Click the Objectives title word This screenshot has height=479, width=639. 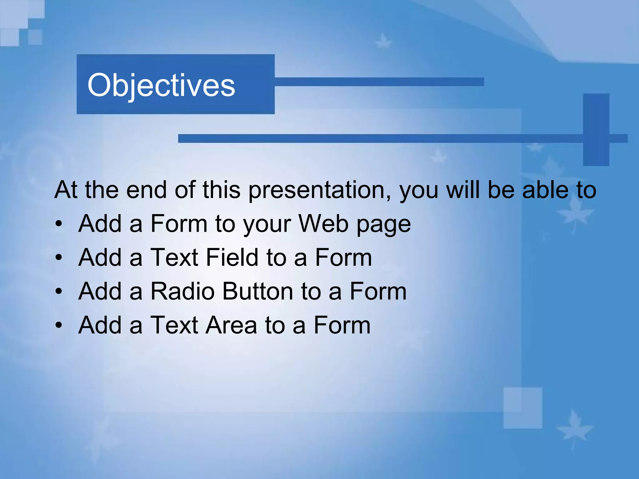click(161, 85)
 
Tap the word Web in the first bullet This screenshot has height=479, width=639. click(323, 224)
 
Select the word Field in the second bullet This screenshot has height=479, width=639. click(232, 258)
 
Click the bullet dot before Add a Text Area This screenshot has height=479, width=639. click(59, 326)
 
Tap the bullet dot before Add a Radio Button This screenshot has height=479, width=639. click(59, 292)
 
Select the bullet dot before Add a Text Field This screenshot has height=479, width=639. click(59, 258)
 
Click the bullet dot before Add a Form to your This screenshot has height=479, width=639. click(59, 224)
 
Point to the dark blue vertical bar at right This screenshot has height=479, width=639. click(596, 129)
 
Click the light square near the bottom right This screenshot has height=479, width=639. click(523, 408)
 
